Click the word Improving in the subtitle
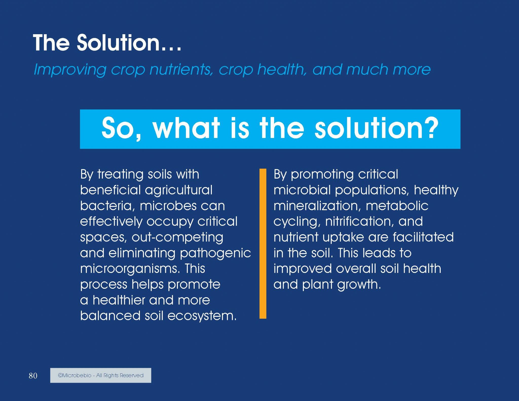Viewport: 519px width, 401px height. click(70, 69)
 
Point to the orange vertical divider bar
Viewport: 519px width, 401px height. click(263, 243)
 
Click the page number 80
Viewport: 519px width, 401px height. click(33, 375)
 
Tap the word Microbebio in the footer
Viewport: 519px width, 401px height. click(75, 375)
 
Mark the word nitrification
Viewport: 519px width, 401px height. click(360, 221)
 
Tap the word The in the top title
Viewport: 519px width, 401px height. click(51, 43)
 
